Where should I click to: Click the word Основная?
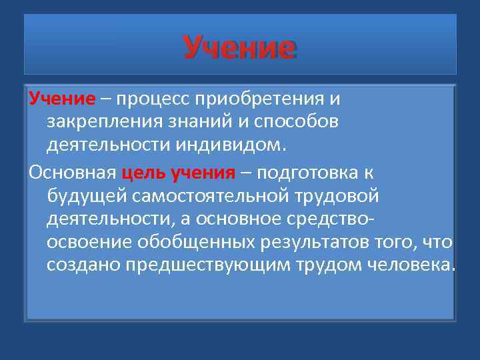point(72,173)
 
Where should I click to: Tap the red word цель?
point(145,173)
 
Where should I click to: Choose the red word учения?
point(204,173)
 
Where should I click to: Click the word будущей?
point(87,196)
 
